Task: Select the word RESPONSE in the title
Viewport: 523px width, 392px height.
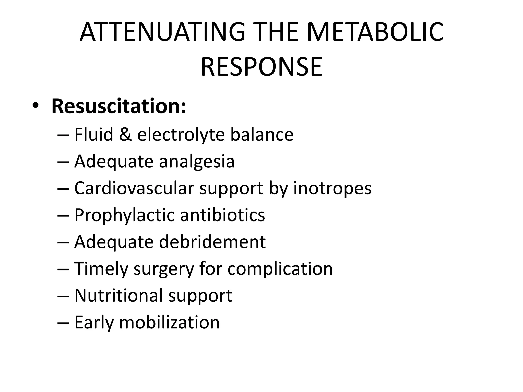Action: (x=261, y=67)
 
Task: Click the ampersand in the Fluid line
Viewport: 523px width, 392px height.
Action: (x=125, y=134)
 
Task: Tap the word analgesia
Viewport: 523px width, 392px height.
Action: (x=197, y=162)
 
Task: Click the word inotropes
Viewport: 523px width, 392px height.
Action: (x=332, y=188)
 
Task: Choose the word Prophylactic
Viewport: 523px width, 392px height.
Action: (x=124, y=215)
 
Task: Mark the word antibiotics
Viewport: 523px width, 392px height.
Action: (x=222, y=215)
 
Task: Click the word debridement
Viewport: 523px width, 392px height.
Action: (x=212, y=242)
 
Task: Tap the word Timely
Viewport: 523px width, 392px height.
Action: (x=101, y=269)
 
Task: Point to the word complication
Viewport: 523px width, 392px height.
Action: (x=280, y=269)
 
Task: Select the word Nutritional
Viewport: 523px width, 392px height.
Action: (x=118, y=296)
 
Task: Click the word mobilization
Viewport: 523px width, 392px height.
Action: (x=169, y=322)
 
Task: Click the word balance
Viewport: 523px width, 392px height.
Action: (x=262, y=134)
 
